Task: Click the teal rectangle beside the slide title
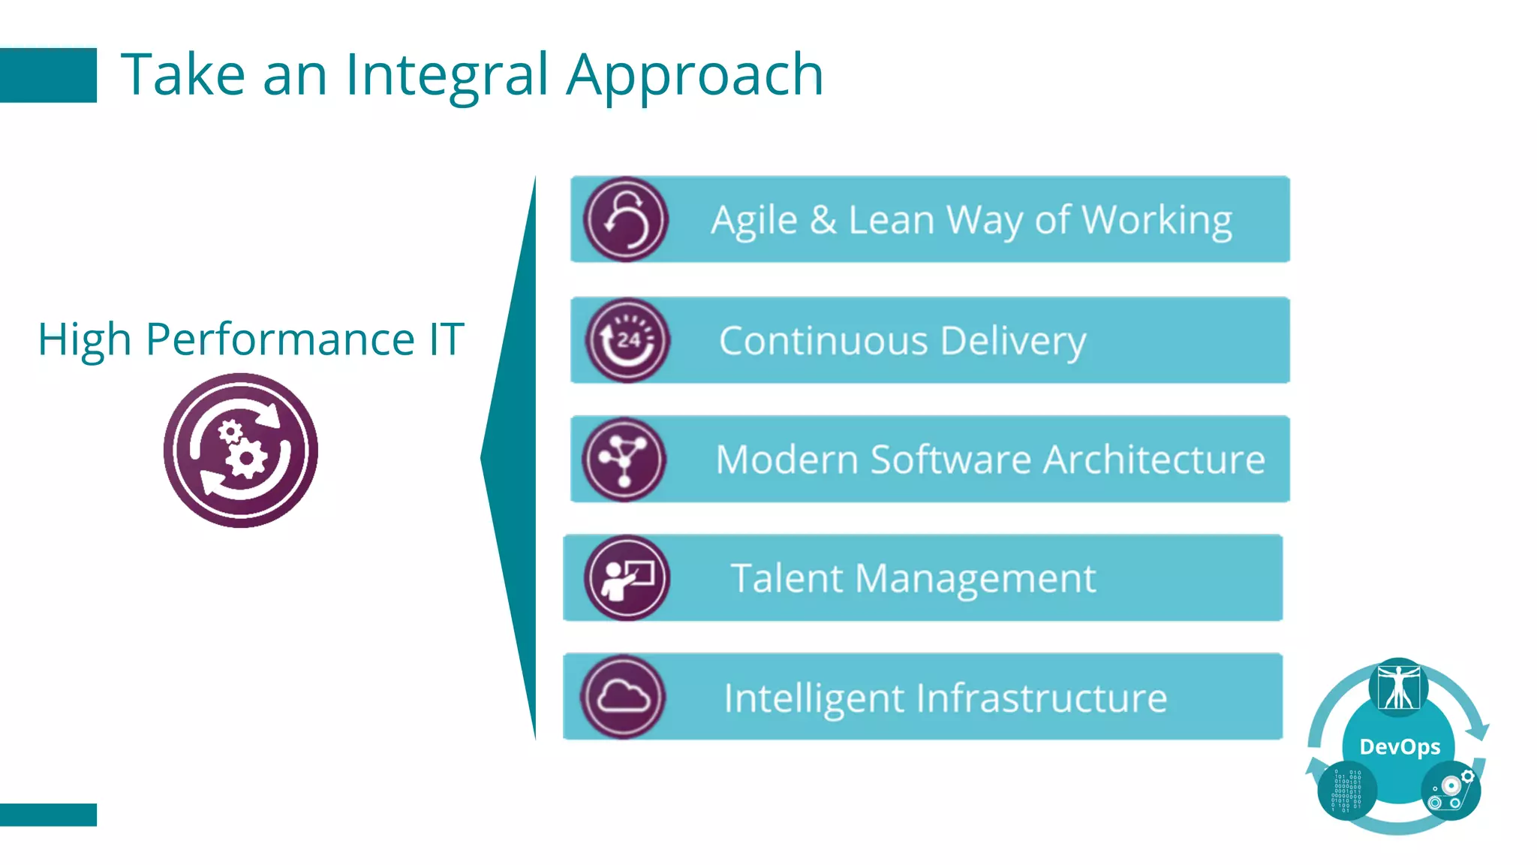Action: pos(48,75)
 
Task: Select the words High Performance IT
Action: pos(251,339)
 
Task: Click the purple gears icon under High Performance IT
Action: pos(240,451)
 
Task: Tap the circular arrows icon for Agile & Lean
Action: pos(625,219)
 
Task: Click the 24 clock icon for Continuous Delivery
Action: pos(627,340)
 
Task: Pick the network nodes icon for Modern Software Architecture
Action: pos(624,459)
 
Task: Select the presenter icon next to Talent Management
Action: pos(626,577)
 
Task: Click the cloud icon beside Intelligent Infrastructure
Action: pos(623,697)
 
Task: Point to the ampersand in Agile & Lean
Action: pos(823,220)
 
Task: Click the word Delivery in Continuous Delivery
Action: pos(1012,342)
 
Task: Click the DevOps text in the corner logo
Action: pos(1400,746)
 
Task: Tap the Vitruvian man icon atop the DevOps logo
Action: pos(1398,686)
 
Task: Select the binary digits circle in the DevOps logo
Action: pos(1346,791)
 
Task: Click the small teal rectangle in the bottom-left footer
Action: pos(48,815)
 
